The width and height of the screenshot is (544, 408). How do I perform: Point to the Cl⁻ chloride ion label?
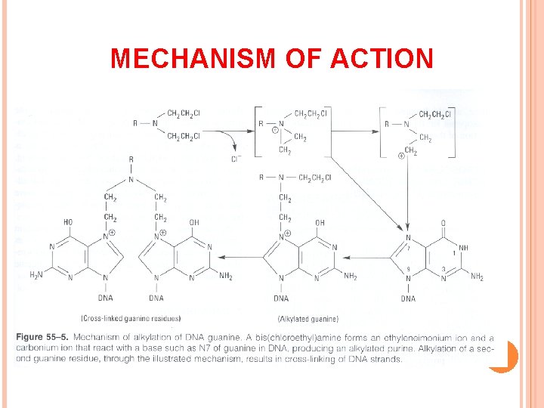pyautogui.click(x=236, y=159)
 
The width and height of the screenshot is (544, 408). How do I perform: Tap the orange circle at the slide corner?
pyautogui.click(x=502, y=355)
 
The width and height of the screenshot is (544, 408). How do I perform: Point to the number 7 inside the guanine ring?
pyautogui.click(x=409, y=248)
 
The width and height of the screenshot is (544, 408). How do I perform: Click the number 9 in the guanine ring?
pyautogui.click(x=408, y=270)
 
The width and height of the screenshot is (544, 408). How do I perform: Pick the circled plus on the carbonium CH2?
pyautogui.click(x=400, y=156)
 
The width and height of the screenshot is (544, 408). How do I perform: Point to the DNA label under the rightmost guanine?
pyautogui.click(x=408, y=298)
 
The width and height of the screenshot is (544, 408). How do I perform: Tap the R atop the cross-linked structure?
pyautogui.click(x=131, y=159)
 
